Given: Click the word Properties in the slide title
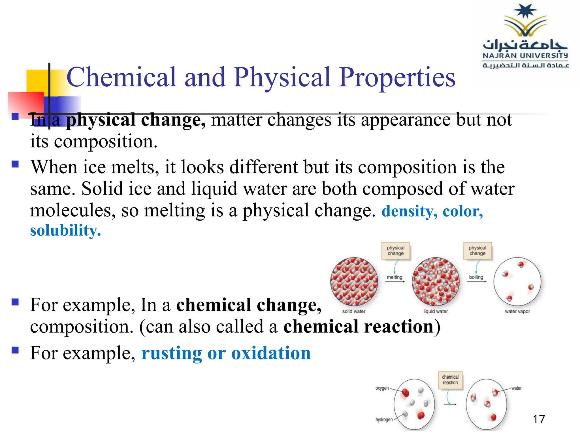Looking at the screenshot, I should click(x=397, y=77).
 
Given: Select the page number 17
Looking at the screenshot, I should click(x=539, y=419).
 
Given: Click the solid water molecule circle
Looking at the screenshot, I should click(x=354, y=281).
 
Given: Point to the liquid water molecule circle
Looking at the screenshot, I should click(x=436, y=281).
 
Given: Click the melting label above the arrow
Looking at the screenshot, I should click(x=395, y=277).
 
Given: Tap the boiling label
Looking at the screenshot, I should click(x=476, y=277).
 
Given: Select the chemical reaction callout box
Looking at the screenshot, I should click(x=450, y=380).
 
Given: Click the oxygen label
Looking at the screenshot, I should click(x=382, y=388).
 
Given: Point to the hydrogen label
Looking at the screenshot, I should click(x=384, y=419).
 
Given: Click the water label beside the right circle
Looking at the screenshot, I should click(x=516, y=388).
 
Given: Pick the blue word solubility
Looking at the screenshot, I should click(x=65, y=231).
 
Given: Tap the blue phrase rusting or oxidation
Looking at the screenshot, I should click(x=226, y=353).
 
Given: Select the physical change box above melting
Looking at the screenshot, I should click(x=396, y=251).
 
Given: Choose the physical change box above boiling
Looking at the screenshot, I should click(x=477, y=251).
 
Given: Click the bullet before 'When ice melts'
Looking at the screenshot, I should click(x=15, y=164).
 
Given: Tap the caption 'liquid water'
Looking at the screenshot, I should click(x=436, y=311).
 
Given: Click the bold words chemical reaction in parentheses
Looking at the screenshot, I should click(x=359, y=327).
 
